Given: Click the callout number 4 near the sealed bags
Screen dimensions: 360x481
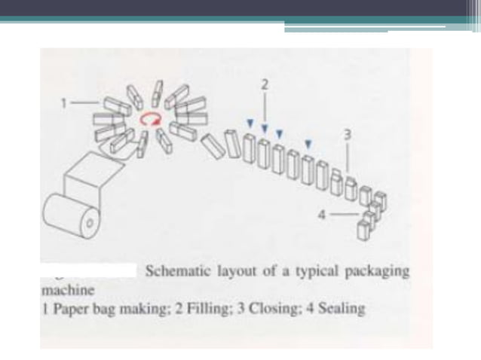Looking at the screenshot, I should (x=321, y=214).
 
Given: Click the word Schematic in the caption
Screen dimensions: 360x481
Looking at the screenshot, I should (x=174, y=270).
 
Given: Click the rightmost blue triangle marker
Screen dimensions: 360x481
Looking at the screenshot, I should (x=308, y=142).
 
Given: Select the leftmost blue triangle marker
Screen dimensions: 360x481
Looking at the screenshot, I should (x=249, y=122).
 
